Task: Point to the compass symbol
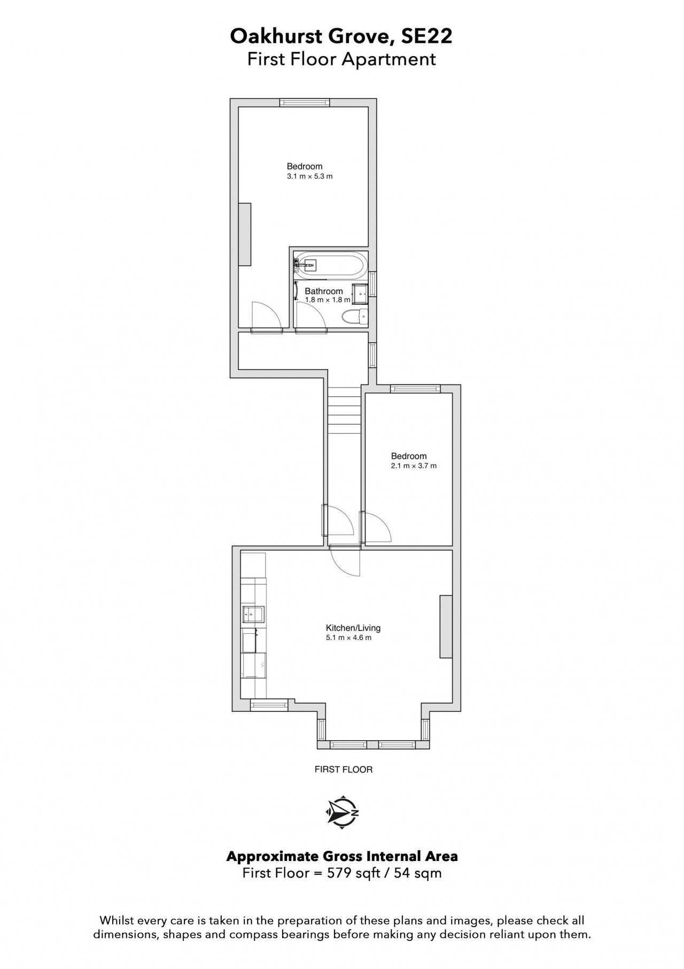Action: (342, 813)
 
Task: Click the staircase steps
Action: (345, 410)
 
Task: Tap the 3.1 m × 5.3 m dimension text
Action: (310, 176)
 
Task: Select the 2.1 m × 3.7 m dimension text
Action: (414, 466)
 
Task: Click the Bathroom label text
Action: (324, 291)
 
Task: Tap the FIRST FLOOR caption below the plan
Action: (344, 770)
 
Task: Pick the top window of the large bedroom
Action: (305, 103)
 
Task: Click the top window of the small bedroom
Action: (415, 389)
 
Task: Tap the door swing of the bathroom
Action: (311, 317)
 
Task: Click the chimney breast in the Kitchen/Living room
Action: (446, 626)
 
